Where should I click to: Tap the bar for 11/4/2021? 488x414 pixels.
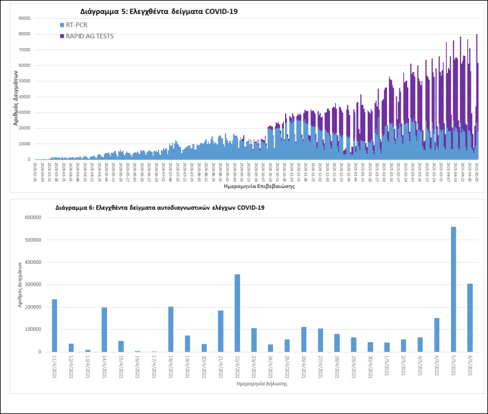[55, 325]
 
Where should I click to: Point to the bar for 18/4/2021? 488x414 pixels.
[171, 329]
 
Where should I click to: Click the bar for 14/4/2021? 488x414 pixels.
[105, 329]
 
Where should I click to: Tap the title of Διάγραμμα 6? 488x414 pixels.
[160, 208]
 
